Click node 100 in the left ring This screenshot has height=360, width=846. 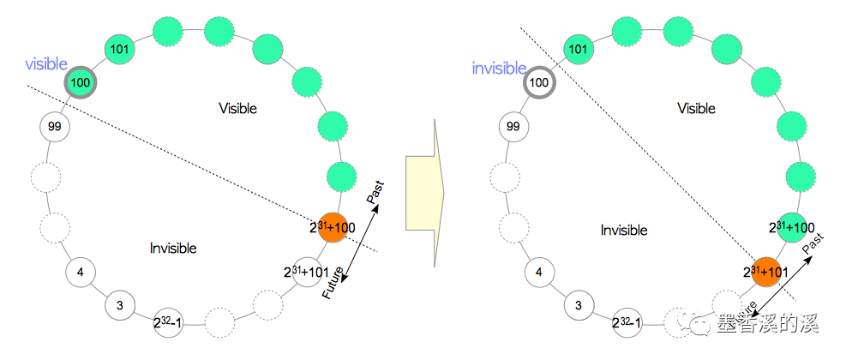click(x=81, y=83)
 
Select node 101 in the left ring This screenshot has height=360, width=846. click(x=120, y=49)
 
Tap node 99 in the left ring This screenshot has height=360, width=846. click(x=55, y=127)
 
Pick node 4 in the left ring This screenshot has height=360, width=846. click(x=81, y=273)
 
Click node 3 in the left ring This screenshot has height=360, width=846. click(x=120, y=305)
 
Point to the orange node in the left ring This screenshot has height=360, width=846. click(x=333, y=225)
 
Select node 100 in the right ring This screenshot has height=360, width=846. click(x=538, y=83)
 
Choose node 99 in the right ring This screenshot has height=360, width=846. click(x=513, y=127)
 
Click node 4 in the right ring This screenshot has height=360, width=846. click(x=538, y=273)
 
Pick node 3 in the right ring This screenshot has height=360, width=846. click(x=579, y=305)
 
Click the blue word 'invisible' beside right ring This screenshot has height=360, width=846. click(x=499, y=69)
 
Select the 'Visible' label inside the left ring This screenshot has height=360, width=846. click(x=237, y=109)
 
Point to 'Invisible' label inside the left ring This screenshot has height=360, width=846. click(x=173, y=249)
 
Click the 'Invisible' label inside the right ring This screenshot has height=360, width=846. click(x=623, y=231)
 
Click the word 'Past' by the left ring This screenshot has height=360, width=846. click(x=375, y=192)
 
